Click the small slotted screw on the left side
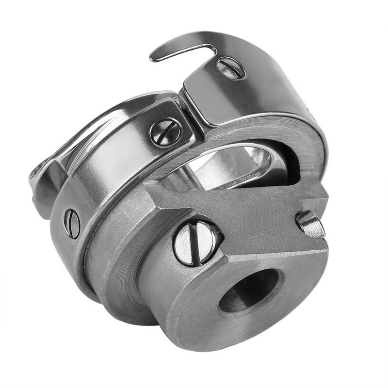[72, 223]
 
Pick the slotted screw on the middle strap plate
[165, 131]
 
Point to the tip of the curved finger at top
[154, 57]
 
